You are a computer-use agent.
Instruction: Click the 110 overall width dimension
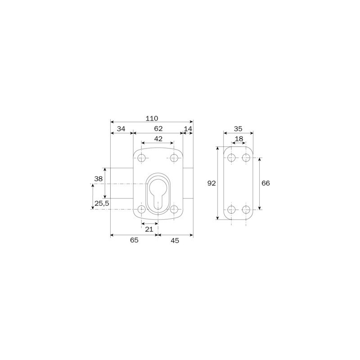152,118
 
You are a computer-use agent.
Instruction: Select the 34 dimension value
121,129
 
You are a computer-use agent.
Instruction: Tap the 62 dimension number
158,129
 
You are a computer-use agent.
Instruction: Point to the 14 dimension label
188,129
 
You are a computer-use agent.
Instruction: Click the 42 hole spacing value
158,139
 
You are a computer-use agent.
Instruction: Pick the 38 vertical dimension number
99,179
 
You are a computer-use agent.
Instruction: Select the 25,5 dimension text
102,203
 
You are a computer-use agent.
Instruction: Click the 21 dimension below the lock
149,229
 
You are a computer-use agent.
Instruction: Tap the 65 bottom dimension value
134,240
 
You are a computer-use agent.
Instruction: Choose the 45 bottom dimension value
175,240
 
